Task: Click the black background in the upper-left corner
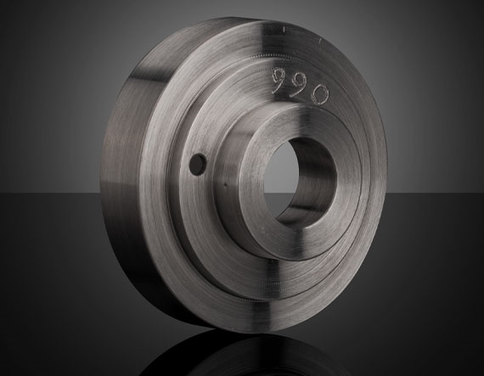[x=34, y=34]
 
